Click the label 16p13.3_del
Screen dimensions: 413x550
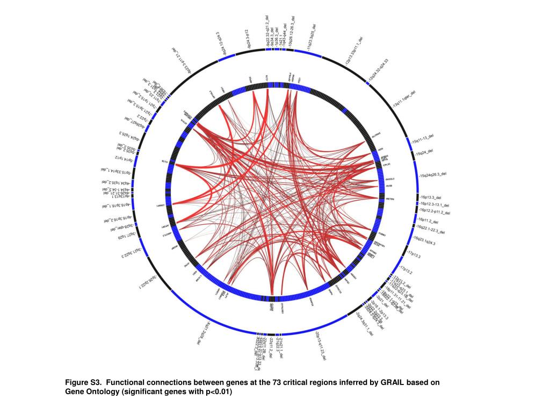430,198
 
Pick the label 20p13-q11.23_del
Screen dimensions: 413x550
322,345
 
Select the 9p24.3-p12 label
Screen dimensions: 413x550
242,39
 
